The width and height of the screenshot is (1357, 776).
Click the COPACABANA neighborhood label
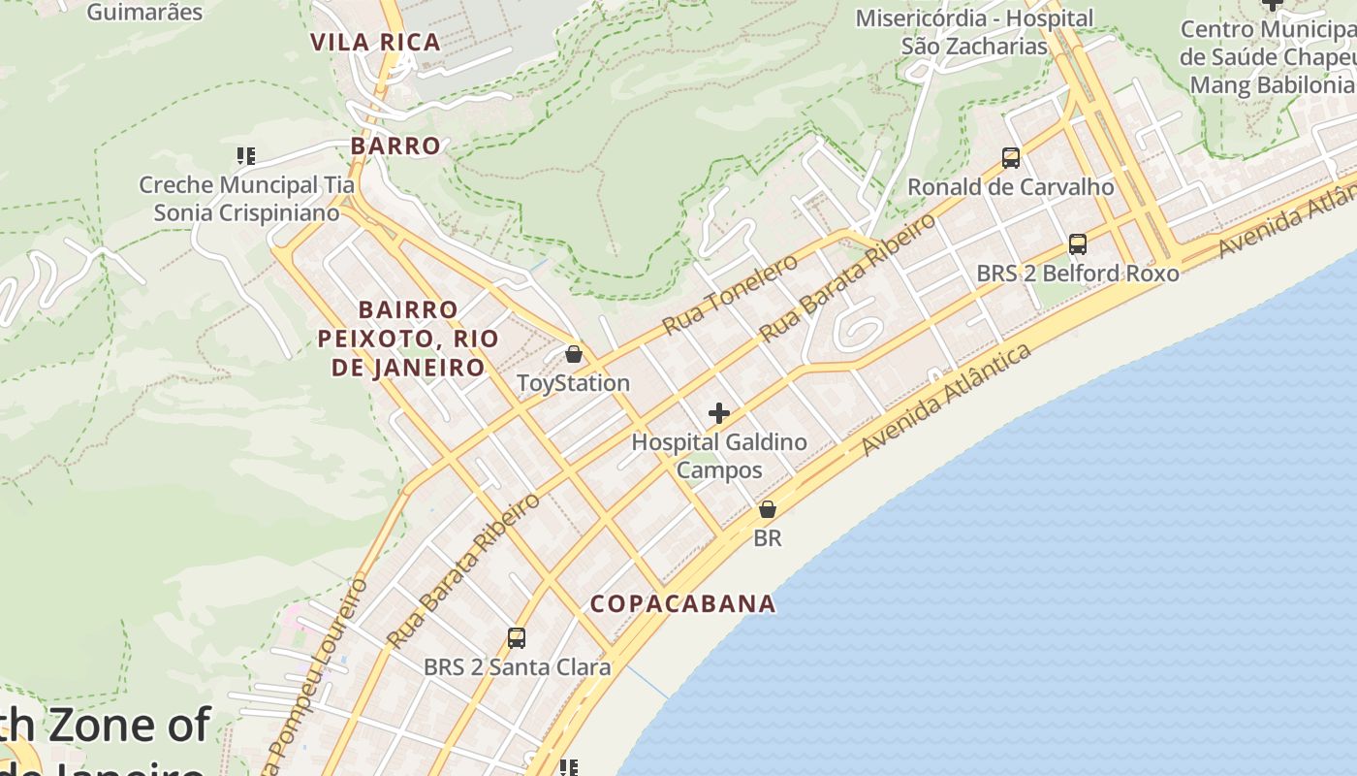pyautogui.click(x=683, y=603)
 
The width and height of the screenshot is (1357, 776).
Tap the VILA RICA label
pyautogui.click(x=375, y=42)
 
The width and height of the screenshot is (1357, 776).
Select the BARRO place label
pyautogui.click(x=395, y=145)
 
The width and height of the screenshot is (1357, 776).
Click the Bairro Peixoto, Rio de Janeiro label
pyautogui.click(x=408, y=339)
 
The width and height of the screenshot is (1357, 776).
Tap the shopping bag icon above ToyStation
pyautogui.click(x=574, y=354)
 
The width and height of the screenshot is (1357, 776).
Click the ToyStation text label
pyautogui.click(x=573, y=383)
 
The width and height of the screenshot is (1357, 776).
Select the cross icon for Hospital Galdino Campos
pyautogui.click(x=718, y=414)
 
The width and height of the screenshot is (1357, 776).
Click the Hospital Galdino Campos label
pyautogui.click(x=718, y=456)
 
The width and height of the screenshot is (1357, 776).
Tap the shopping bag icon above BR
pyautogui.click(x=768, y=509)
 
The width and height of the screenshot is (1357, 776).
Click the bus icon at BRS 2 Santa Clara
pyautogui.click(x=517, y=638)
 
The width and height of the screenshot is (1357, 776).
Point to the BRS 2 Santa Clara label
pyautogui.click(x=517, y=667)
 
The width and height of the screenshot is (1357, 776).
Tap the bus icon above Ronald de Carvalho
pyautogui.click(x=1011, y=157)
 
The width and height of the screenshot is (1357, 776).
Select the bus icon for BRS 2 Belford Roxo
pyautogui.click(x=1077, y=244)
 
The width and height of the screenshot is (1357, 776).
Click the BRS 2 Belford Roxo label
pyautogui.click(x=1077, y=274)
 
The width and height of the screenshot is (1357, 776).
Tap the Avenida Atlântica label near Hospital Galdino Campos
pyautogui.click(x=946, y=400)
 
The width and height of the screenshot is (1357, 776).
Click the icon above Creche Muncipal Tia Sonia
pyautogui.click(x=245, y=155)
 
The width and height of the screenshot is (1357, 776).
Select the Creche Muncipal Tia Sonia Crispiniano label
pyautogui.click(x=246, y=199)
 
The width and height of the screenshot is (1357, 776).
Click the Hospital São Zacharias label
pyautogui.click(x=974, y=32)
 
